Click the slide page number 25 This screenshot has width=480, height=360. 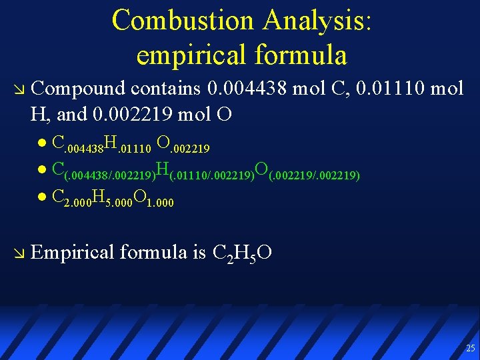click(471, 348)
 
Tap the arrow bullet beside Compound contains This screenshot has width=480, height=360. click(17, 89)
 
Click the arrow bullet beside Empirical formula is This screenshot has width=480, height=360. click(17, 253)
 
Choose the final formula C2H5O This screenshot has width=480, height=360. click(241, 253)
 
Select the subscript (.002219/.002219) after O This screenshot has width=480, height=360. click(315, 175)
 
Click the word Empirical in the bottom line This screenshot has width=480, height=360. click(73, 252)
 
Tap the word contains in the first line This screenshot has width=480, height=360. click(167, 87)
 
